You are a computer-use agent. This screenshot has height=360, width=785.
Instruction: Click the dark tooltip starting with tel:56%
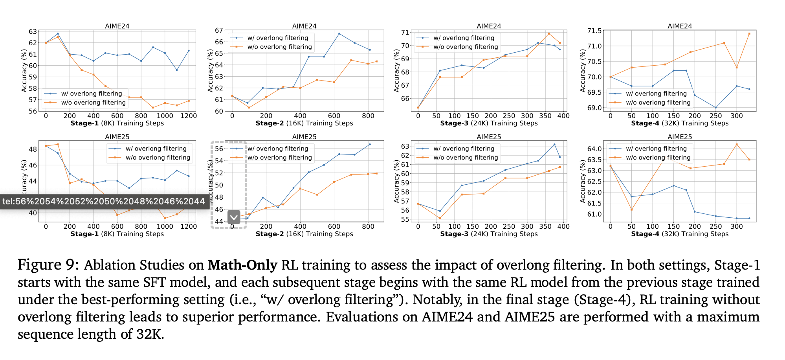(x=104, y=202)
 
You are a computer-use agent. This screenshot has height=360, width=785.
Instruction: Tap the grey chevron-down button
(x=234, y=217)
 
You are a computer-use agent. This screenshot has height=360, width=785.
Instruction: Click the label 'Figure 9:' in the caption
(x=48, y=265)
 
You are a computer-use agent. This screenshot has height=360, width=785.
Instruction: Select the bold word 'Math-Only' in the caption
(x=242, y=265)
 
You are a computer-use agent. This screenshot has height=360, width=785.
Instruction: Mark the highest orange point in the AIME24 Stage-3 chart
(x=549, y=33)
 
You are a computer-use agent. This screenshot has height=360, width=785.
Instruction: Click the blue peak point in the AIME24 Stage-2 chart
(x=339, y=33)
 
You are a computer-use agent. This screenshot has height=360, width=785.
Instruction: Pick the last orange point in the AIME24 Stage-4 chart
(x=749, y=33)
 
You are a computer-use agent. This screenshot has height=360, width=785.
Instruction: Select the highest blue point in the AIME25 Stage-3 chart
(x=554, y=144)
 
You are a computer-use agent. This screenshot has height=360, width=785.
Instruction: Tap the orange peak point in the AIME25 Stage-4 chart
(x=737, y=144)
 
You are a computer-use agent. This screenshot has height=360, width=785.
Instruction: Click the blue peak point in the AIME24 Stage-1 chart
(x=58, y=33)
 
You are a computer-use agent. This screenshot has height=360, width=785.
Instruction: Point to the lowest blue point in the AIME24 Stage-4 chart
(x=715, y=108)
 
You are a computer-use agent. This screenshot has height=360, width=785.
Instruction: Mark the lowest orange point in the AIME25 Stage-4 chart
(x=631, y=209)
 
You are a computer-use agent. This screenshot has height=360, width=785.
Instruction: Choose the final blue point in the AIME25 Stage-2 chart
(x=370, y=144)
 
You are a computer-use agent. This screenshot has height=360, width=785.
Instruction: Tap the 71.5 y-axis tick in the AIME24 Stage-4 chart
(x=594, y=31)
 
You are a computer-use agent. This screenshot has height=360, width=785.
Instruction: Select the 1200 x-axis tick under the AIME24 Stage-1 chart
(x=189, y=116)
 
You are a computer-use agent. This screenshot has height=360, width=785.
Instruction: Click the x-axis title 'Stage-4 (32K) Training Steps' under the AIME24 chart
(x=680, y=123)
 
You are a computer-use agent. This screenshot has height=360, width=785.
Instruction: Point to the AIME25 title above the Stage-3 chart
(x=489, y=137)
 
